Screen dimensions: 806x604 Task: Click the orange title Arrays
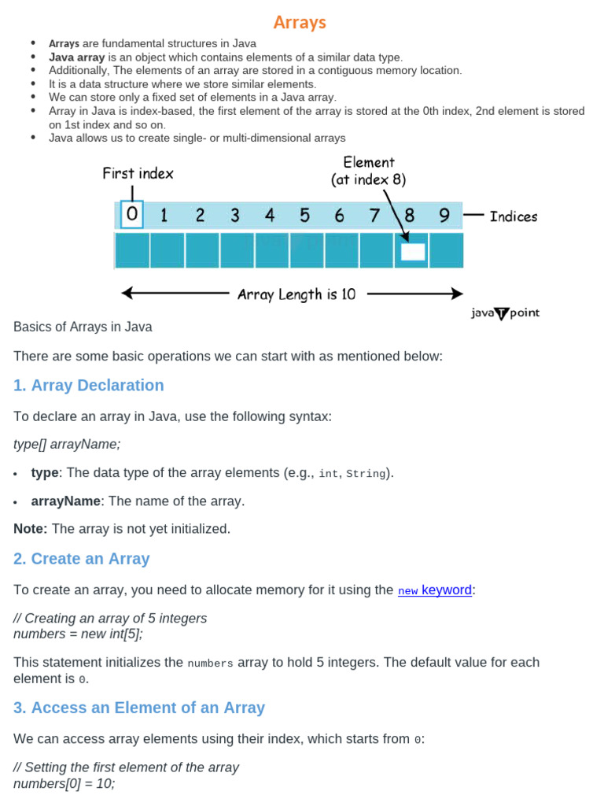(x=300, y=22)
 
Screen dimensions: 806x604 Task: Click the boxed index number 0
(x=132, y=215)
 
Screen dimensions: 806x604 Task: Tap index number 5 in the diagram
(x=304, y=215)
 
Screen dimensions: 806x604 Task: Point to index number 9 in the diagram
(x=444, y=215)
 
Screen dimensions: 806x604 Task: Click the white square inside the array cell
(x=412, y=252)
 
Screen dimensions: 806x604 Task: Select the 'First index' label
(x=138, y=173)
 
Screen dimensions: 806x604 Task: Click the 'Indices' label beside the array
(x=514, y=216)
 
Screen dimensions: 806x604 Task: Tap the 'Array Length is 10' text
(x=296, y=294)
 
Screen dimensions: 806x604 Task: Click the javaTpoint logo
(x=505, y=313)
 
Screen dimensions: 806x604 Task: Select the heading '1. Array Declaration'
(x=89, y=385)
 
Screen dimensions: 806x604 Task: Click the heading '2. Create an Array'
(x=82, y=559)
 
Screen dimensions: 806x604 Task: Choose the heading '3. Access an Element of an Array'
(x=139, y=708)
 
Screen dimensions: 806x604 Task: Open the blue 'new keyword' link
(x=435, y=590)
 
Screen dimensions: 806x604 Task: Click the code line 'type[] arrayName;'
(x=68, y=444)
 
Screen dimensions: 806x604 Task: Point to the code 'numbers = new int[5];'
(x=79, y=634)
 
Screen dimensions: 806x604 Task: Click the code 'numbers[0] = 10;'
(x=64, y=784)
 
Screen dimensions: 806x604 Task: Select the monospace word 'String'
(x=366, y=474)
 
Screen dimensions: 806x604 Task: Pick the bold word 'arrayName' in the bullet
(x=66, y=501)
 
